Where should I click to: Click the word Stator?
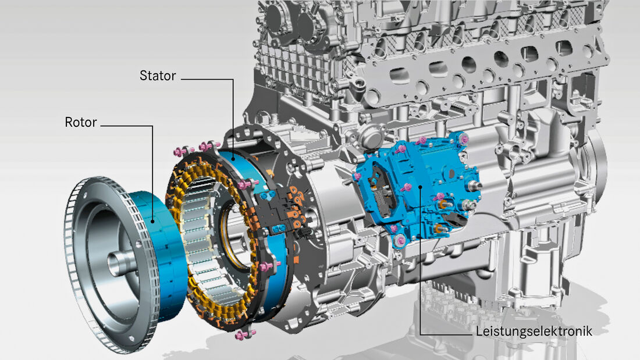(158, 76)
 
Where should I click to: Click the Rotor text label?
(81, 122)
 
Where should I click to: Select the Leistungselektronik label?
(534, 331)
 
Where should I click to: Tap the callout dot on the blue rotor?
(153, 222)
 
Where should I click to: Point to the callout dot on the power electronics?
(421, 186)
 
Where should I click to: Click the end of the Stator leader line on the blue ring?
(233, 159)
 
